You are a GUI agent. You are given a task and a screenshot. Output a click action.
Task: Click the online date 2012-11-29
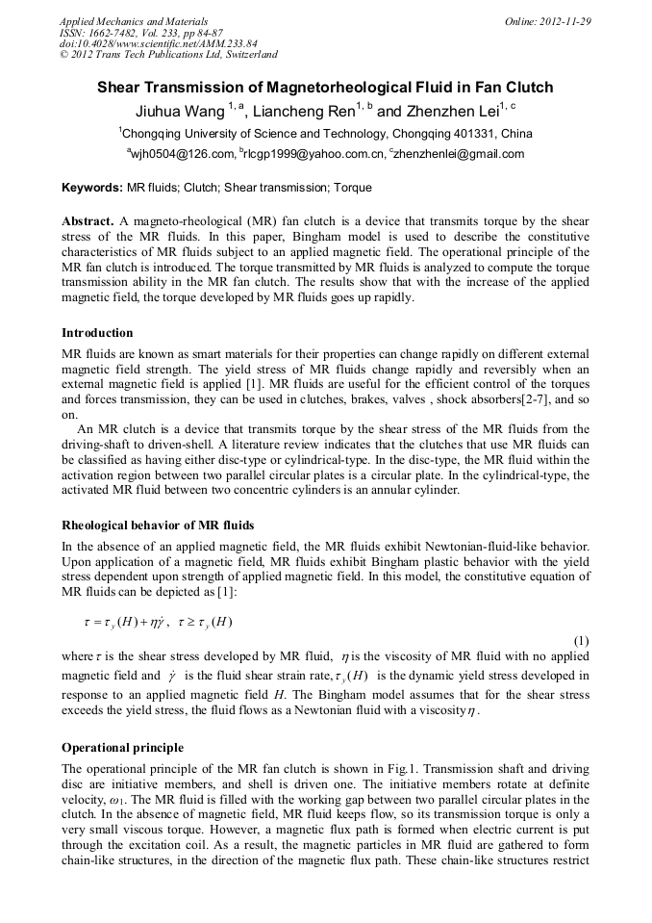coord(567,21)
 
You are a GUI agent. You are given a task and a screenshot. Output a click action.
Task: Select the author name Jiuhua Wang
coord(180,112)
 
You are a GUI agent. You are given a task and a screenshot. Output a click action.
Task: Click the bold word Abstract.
coord(88,220)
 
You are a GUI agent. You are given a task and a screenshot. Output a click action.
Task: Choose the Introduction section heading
coord(97,333)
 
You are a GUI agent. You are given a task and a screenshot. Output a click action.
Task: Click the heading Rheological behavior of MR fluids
coord(158,526)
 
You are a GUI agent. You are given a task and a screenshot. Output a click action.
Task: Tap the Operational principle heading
coord(122,748)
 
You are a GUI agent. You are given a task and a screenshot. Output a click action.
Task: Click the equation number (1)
coord(580,641)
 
